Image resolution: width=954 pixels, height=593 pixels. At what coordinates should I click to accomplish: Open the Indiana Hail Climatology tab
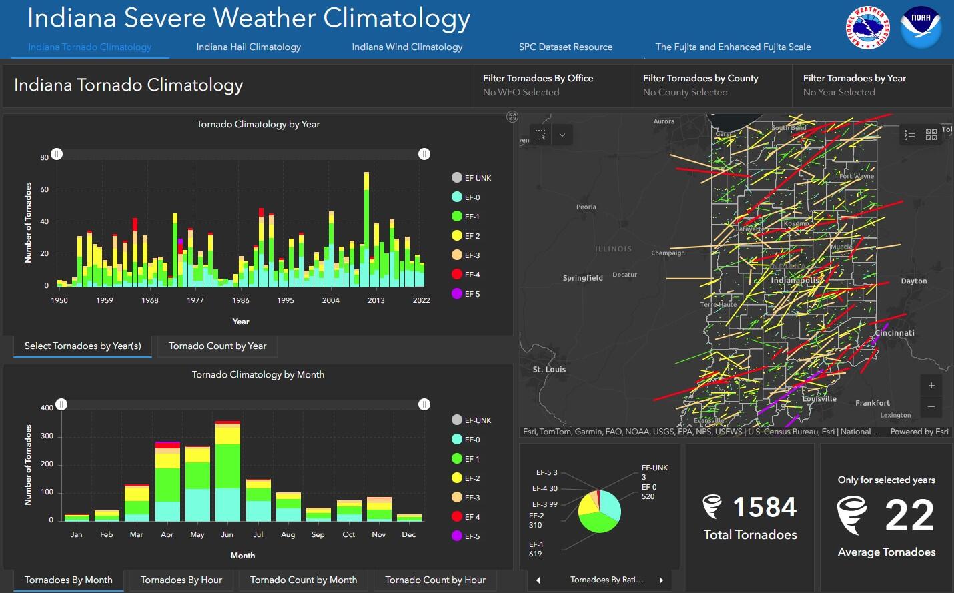(248, 47)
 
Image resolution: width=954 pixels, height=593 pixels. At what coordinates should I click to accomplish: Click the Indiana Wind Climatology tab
(407, 47)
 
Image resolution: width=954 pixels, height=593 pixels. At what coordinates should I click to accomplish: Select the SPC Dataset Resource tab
(565, 47)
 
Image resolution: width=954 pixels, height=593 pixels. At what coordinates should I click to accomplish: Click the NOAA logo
(921, 27)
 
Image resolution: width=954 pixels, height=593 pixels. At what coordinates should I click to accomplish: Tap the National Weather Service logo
(867, 27)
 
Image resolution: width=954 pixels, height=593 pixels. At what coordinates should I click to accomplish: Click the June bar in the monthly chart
(227, 474)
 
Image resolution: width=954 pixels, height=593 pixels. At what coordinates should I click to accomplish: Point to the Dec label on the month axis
(409, 534)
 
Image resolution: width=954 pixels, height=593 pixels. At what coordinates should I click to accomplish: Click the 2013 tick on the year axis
(376, 300)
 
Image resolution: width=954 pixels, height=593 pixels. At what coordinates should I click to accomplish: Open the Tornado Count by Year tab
(217, 346)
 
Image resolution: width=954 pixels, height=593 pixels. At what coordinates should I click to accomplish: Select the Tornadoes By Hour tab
(181, 580)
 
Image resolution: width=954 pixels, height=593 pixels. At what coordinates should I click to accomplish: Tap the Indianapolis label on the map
(794, 281)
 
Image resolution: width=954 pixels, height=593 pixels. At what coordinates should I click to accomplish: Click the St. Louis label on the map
(549, 369)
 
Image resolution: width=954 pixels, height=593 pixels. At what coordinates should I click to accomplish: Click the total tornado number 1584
(765, 508)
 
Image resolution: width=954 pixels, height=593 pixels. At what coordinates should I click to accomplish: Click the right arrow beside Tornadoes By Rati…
(661, 580)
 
